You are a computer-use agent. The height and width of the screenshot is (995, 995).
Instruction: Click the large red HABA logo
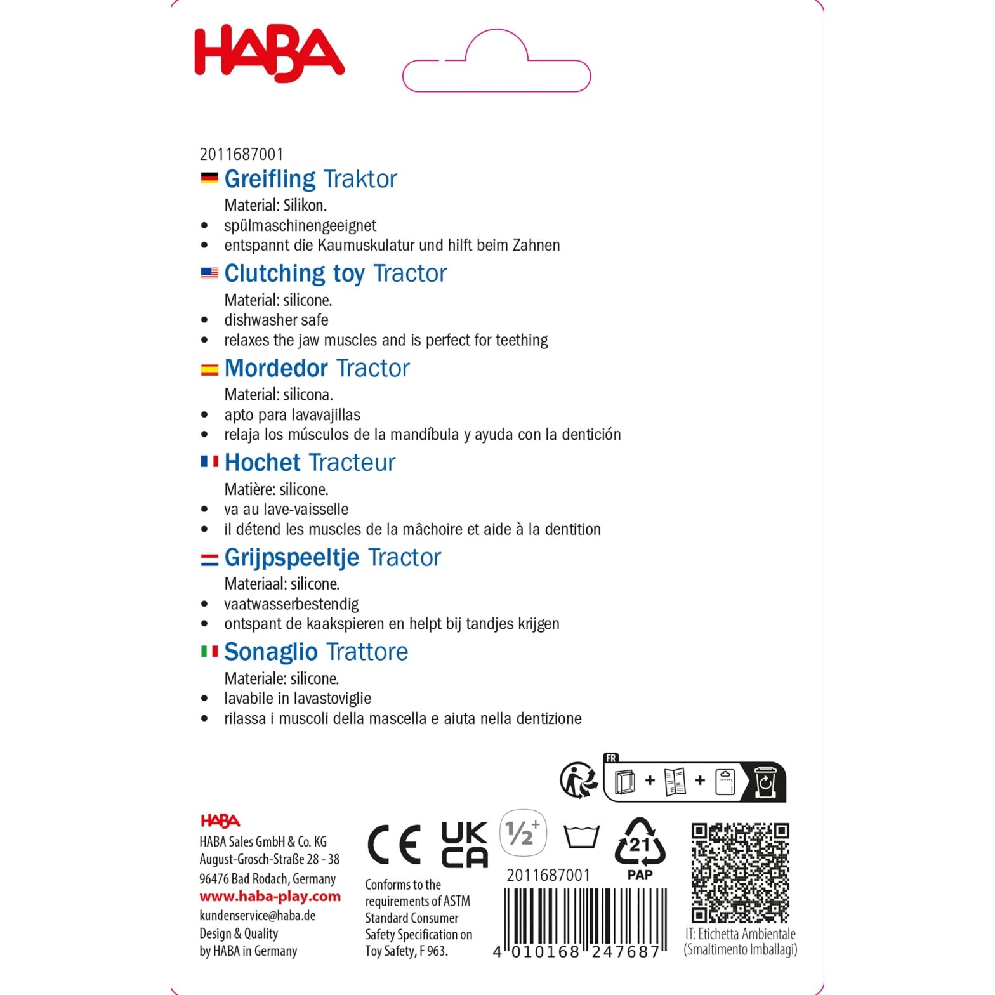point(269,55)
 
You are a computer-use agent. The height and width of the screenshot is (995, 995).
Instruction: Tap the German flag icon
point(209,178)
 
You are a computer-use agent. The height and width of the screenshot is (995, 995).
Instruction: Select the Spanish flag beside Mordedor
point(209,369)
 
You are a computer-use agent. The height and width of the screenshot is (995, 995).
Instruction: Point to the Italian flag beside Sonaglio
point(209,652)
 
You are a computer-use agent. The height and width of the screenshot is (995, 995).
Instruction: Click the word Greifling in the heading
point(270,179)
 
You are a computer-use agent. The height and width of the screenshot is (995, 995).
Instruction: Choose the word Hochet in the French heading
point(262,463)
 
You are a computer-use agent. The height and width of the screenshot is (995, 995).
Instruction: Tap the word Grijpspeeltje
point(291,557)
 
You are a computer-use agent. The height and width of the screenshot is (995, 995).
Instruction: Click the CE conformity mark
point(393,845)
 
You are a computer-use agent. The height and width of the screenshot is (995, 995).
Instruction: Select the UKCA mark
point(465,845)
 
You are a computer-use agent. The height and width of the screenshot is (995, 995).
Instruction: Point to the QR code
point(740,873)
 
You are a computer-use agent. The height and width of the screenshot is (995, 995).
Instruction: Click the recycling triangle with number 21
point(640,843)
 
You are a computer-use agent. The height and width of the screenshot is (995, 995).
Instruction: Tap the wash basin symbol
point(581,837)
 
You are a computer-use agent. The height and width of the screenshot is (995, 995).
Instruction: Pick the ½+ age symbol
point(522,832)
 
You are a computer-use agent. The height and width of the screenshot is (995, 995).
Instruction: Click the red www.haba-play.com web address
point(270,897)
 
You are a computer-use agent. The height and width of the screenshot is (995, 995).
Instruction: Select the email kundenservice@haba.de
point(257,915)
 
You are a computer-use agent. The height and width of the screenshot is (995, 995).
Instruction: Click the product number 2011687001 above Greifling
point(241,154)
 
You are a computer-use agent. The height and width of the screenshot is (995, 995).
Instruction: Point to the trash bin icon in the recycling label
point(766,782)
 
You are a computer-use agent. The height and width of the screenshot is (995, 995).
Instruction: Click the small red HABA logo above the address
point(220,821)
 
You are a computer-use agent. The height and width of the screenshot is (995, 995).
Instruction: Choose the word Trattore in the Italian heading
point(367,652)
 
